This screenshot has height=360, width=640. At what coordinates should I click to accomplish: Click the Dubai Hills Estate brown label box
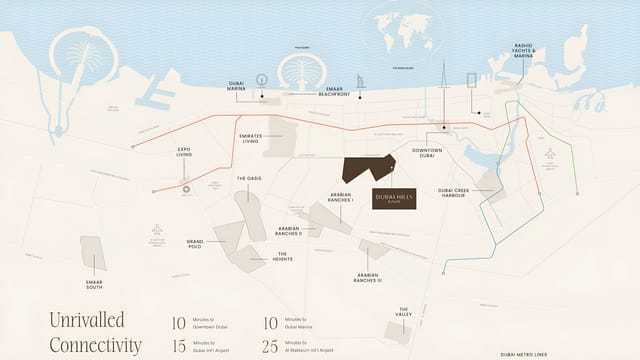click(394, 198)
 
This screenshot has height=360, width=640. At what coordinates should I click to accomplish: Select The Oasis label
click(249, 179)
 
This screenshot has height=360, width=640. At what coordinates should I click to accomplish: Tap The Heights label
click(283, 256)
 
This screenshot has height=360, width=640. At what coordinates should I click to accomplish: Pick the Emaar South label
click(96, 284)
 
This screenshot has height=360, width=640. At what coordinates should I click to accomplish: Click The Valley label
click(405, 312)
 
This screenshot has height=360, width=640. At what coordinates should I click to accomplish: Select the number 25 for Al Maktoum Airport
click(270, 346)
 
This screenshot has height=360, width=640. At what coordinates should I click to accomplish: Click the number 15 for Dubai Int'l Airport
click(179, 346)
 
